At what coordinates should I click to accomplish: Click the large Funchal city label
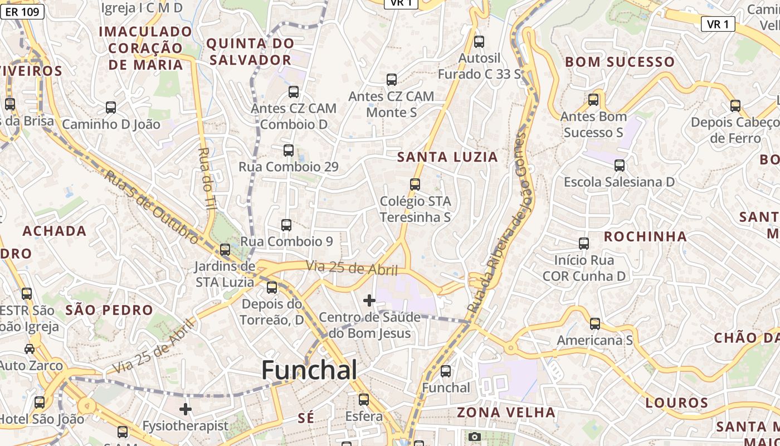pyautogui.click(x=309, y=370)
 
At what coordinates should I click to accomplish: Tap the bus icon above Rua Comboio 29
pyautogui.click(x=288, y=151)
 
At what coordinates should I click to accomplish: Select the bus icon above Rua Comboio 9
pyautogui.click(x=286, y=225)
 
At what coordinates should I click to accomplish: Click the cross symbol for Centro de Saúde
pyautogui.click(x=369, y=300)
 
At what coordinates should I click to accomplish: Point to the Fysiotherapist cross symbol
pyautogui.click(x=185, y=410)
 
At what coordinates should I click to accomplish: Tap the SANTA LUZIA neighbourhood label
pyautogui.click(x=447, y=157)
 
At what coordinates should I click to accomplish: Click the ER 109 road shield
pyautogui.click(x=22, y=11)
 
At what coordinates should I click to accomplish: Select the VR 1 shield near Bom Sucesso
pyautogui.click(x=718, y=24)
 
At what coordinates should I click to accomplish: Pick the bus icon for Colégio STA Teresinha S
pyautogui.click(x=415, y=185)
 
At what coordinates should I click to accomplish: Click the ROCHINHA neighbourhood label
pyautogui.click(x=645, y=236)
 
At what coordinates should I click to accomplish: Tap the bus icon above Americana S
pyautogui.click(x=594, y=324)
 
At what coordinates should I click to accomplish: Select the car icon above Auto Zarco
pyautogui.click(x=29, y=349)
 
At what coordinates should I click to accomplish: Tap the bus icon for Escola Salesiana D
pyautogui.click(x=619, y=166)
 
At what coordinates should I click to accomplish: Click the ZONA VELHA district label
pyautogui.click(x=506, y=413)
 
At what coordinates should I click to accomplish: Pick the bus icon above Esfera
pyautogui.click(x=363, y=400)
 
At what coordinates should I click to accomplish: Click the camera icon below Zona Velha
pyautogui.click(x=474, y=437)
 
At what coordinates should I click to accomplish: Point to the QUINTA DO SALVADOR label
pyautogui.click(x=250, y=51)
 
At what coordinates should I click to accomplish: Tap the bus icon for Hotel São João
pyautogui.click(x=39, y=403)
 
